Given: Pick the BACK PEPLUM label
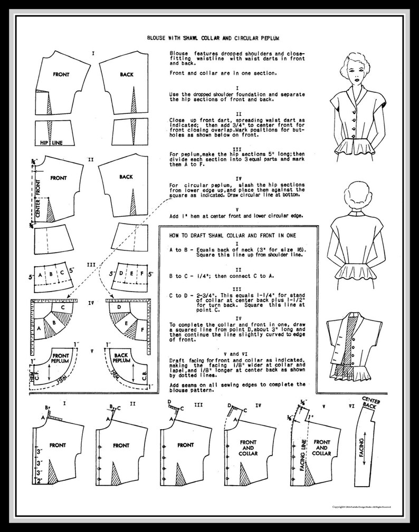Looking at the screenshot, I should pyautogui.click(x=125, y=359).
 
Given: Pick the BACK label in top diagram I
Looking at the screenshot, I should pyautogui.click(x=127, y=75).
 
